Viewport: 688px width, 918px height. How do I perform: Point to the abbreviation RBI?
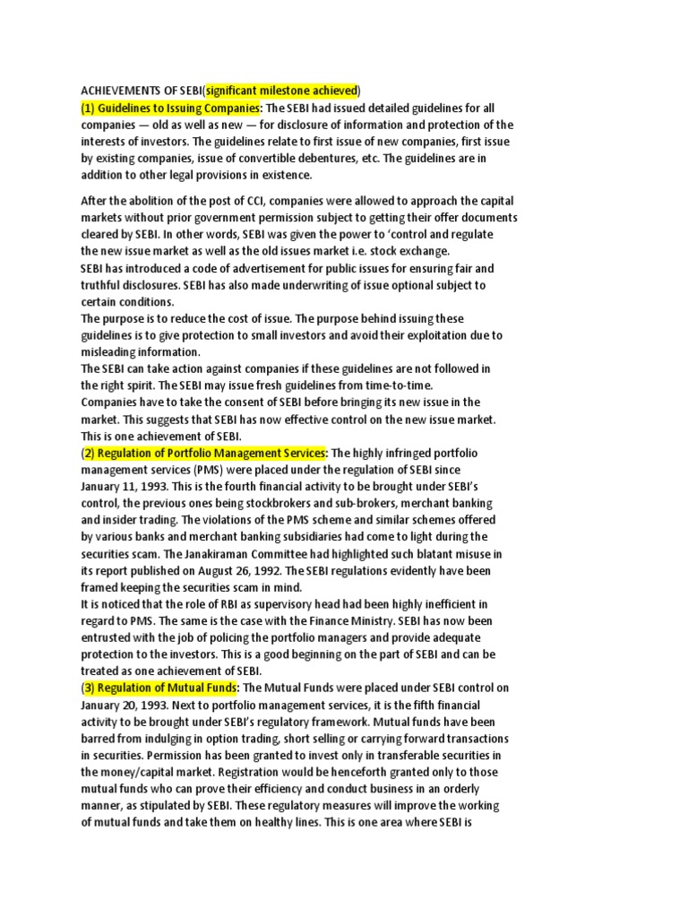coord(216,604)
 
